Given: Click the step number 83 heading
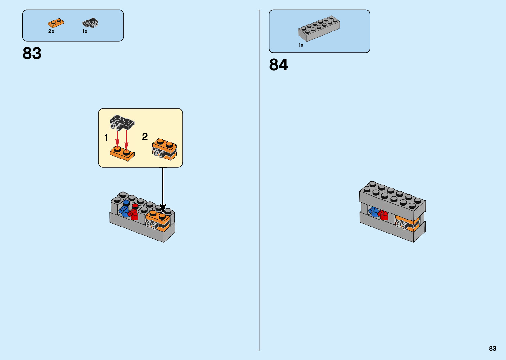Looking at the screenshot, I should (x=32, y=53).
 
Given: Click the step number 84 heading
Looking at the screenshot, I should (x=278, y=64).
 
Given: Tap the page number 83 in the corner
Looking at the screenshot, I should (x=492, y=348).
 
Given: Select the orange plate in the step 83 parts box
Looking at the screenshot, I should (x=56, y=23).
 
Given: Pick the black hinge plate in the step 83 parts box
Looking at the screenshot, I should (x=90, y=23).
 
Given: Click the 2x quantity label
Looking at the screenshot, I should (x=51, y=31).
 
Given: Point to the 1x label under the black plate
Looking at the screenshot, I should (x=85, y=31).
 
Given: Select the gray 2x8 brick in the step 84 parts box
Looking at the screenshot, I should (x=319, y=28).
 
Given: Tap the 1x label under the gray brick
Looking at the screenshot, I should (x=301, y=45).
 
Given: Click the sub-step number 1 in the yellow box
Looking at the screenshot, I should (x=106, y=137).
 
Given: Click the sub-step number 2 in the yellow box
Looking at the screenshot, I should (x=145, y=137).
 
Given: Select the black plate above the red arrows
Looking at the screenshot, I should (x=122, y=122).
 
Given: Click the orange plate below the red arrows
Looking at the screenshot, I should (x=122, y=153).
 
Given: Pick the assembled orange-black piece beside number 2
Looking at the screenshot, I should (x=165, y=149).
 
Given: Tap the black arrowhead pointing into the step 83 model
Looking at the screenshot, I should (x=163, y=209).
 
